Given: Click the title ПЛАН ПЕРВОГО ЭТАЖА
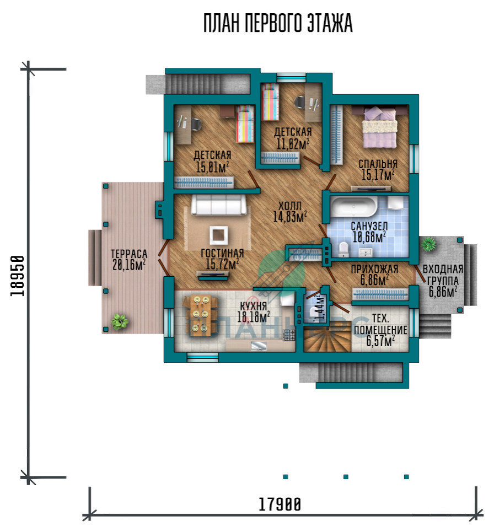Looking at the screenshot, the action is tap(278, 23).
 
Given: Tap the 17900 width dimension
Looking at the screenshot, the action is tap(280, 504).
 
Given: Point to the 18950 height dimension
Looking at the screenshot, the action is tap(17, 276).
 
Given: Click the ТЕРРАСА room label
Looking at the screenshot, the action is tap(129, 254).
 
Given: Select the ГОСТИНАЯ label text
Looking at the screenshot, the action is tap(222, 253).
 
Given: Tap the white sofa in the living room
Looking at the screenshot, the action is tap(218, 205).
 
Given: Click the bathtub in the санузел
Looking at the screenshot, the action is tap(353, 206).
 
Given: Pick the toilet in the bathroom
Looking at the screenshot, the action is tap(343, 249).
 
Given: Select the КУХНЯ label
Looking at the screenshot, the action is tap(254, 307).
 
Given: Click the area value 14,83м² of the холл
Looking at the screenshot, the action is tap(290, 217).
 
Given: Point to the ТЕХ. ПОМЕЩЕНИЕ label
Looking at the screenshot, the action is tap(380, 324).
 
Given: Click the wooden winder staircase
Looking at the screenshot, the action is tap(327, 338).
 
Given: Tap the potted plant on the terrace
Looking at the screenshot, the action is tap(120, 321).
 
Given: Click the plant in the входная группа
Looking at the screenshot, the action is tap(429, 244).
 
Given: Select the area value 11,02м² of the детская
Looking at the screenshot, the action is tap(293, 144).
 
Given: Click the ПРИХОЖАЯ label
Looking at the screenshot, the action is tap(374, 269).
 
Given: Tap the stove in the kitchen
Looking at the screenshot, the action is tap(289, 335).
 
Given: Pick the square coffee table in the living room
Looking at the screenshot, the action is tap(218, 235).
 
